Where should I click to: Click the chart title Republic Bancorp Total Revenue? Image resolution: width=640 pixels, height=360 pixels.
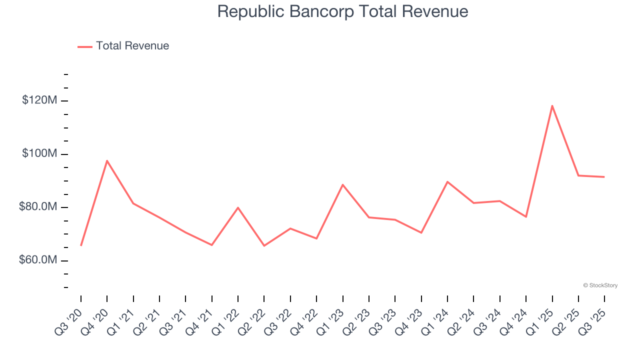point(342,11)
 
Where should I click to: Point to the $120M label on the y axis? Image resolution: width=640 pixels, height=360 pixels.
point(39,100)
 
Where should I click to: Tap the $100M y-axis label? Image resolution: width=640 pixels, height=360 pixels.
point(39,153)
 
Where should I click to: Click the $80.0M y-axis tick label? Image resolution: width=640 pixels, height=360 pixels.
point(38,207)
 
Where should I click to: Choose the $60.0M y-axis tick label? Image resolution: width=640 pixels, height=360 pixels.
point(38,260)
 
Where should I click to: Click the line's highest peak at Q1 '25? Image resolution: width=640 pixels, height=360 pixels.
point(552,105)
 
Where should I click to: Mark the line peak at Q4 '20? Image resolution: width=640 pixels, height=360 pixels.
point(107,160)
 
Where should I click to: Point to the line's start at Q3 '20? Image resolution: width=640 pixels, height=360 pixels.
point(81,245)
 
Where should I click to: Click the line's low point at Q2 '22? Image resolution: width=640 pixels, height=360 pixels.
point(264,245)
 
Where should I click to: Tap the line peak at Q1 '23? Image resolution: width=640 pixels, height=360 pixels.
point(342,184)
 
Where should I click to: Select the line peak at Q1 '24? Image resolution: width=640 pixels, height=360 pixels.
point(447,181)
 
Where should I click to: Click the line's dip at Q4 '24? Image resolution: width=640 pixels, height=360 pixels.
point(526,216)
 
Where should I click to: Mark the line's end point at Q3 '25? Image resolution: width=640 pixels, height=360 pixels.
point(604,177)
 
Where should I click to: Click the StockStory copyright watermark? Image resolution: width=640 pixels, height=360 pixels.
point(600,285)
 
